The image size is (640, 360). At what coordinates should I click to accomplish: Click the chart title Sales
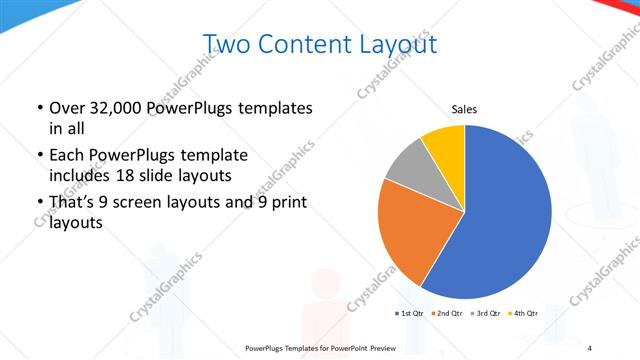click(465, 108)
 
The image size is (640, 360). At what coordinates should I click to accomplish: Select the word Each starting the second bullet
click(68, 156)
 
